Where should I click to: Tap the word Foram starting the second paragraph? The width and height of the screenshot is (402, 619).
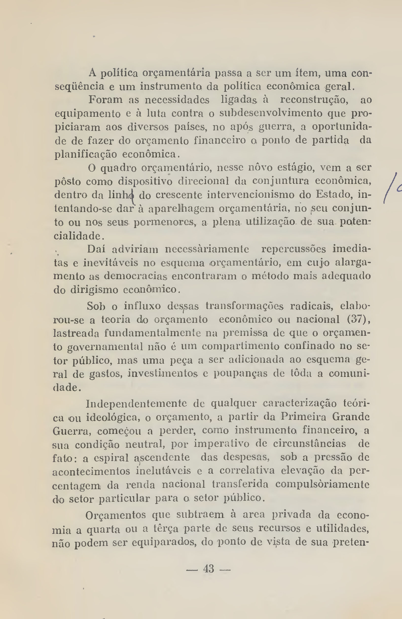coord(105,100)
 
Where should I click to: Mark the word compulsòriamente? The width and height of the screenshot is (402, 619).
coord(322,484)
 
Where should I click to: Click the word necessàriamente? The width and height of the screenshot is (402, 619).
coord(207,249)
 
